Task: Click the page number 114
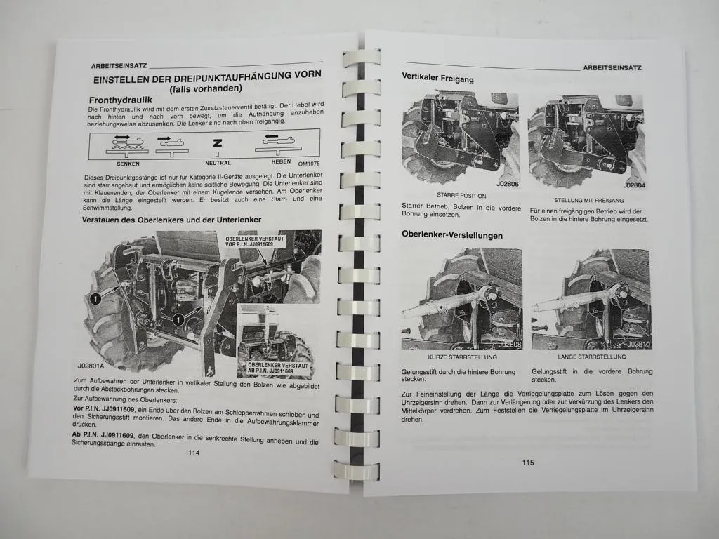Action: tap(194, 453)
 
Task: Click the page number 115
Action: tap(528, 462)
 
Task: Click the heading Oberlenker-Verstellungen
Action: tap(451, 235)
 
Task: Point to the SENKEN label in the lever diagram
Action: tap(127, 164)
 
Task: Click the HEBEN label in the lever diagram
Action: tap(273, 161)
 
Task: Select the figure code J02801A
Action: tap(93, 366)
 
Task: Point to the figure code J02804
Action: tap(635, 186)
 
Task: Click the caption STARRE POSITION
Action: tap(461, 196)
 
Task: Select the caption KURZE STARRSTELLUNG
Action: tap(461, 357)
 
